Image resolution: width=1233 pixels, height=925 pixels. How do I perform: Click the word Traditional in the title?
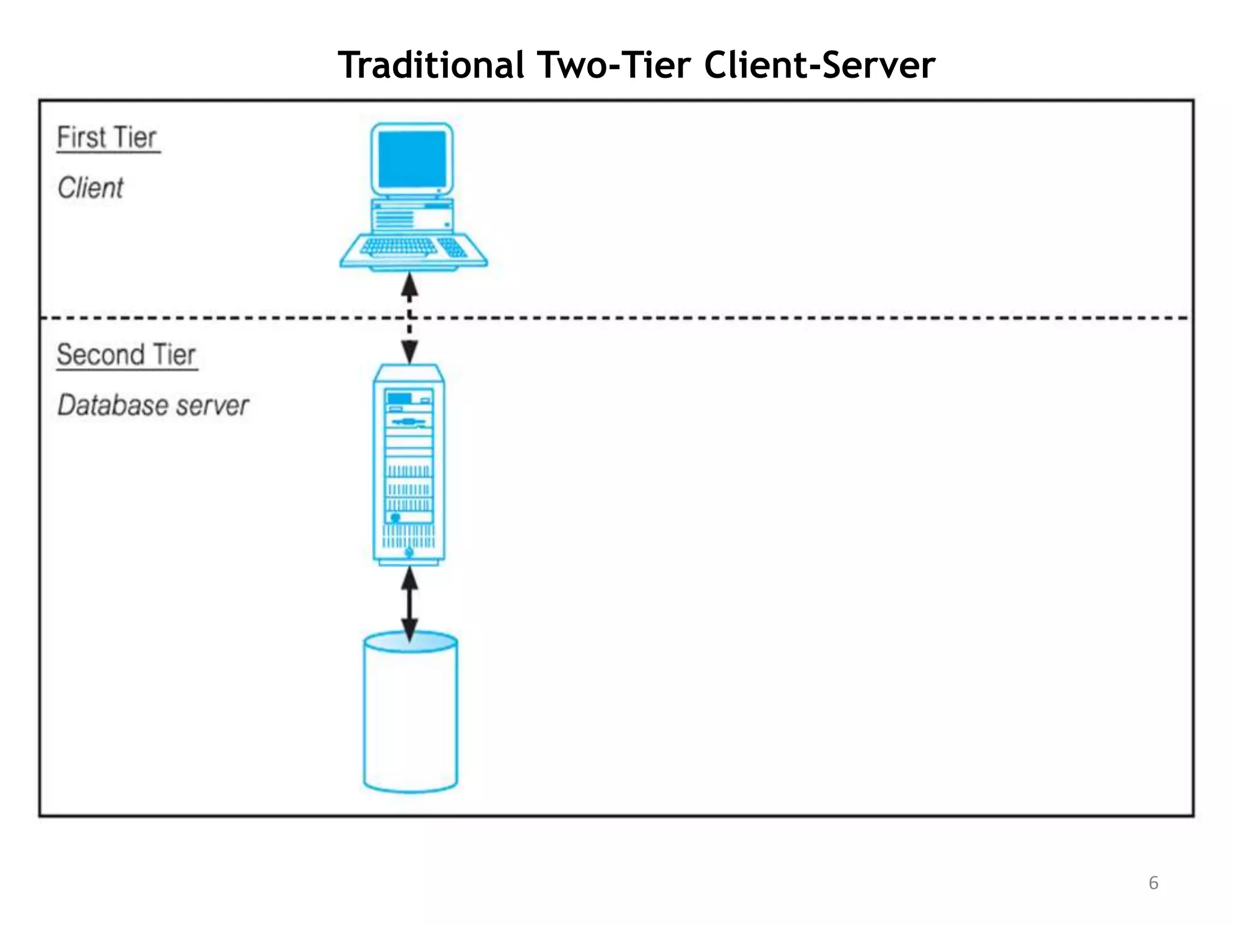point(430,65)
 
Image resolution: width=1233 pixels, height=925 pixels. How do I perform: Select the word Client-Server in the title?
point(819,65)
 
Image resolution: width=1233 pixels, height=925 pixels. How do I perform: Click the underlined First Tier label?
point(107,137)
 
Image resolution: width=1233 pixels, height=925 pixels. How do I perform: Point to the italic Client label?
point(90,188)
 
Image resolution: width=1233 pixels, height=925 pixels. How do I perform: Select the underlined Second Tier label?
point(126,355)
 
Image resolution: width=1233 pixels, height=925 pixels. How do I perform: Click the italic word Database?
point(105,405)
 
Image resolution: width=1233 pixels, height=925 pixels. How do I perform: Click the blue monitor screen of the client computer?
point(412,158)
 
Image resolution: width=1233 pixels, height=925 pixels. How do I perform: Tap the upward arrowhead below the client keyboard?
point(409,284)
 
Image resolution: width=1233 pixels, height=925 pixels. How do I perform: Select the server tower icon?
point(409,464)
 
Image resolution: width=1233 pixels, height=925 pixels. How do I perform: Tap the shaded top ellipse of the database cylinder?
point(411,643)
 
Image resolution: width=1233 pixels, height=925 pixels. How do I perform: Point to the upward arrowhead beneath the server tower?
point(409,579)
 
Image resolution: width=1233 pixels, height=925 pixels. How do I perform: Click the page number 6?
point(1153,883)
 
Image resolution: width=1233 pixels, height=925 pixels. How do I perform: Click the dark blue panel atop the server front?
point(399,398)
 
